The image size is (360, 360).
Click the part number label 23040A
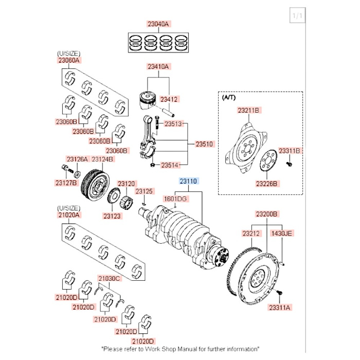pyautogui.click(x=158, y=24)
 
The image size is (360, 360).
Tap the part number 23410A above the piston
pyautogui.click(x=158, y=66)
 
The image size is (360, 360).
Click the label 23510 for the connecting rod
pyautogui.click(x=204, y=145)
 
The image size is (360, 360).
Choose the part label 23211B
pyautogui.click(x=249, y=110)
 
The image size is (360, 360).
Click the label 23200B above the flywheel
pyautogui.click(x=267, y=213)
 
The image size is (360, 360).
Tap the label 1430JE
pyautogui.click(x=281, y=233)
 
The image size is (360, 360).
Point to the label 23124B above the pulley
pyautogui.click(x=103, y=159)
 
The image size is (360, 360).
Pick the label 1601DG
pyautogui.click(x=175, y=198)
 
